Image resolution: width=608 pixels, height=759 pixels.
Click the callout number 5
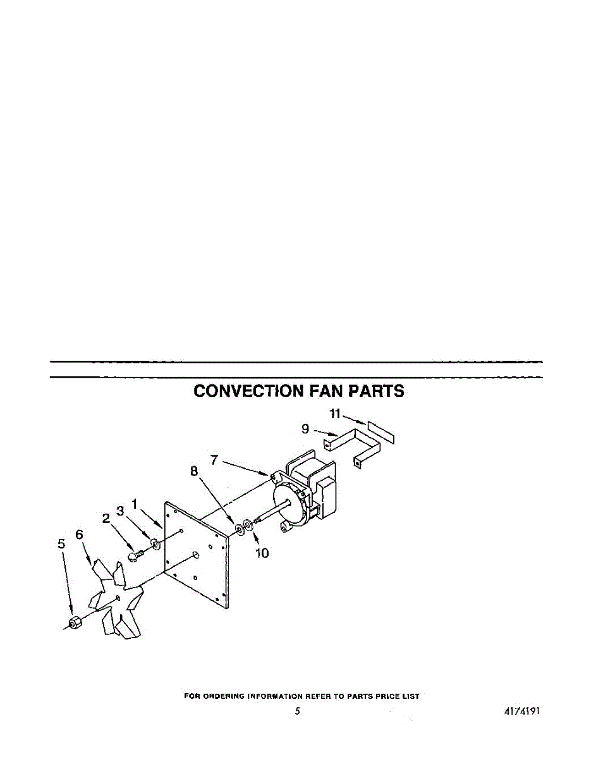click(61, 543)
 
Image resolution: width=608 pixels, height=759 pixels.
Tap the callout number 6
click(80, 534)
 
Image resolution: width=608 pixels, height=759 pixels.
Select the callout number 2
click(106, 519)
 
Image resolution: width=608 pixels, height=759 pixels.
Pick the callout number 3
click(119, 511)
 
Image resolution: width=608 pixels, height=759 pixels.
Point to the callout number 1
click(134, 504)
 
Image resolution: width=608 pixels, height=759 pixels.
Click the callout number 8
click(194, 471)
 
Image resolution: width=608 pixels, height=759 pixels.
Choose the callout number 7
click(215, 460)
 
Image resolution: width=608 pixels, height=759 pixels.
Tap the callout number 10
click(262, 553)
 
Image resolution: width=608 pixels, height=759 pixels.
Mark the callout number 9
click(305, 429)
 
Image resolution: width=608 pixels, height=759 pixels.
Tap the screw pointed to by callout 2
click(134, 556)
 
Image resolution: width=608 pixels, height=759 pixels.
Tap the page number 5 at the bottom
click(297, 711)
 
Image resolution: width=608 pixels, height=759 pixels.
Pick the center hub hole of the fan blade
click(118, 597)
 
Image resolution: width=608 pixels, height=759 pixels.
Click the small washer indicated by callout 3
click(155, 542)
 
